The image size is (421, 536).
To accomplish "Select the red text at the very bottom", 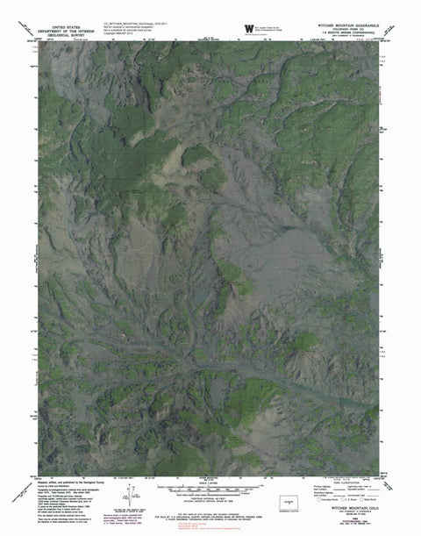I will (210, 529).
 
